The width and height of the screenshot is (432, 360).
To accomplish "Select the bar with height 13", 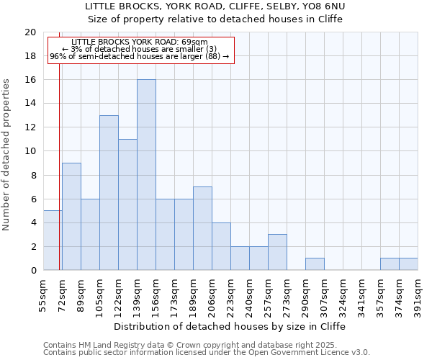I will pos(109,193).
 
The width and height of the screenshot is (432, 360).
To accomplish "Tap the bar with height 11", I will pos(127,204).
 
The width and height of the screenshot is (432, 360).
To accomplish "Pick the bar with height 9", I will pos(71,217).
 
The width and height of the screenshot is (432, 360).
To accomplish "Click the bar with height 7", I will pos(202,228).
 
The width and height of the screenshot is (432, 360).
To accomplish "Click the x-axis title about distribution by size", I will pos(230,326).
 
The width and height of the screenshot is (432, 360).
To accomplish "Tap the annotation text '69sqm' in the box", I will pos(194,42).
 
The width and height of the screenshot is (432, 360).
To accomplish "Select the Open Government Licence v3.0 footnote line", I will pos(207,352).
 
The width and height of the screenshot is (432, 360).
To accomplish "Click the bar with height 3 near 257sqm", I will pos(277,252).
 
